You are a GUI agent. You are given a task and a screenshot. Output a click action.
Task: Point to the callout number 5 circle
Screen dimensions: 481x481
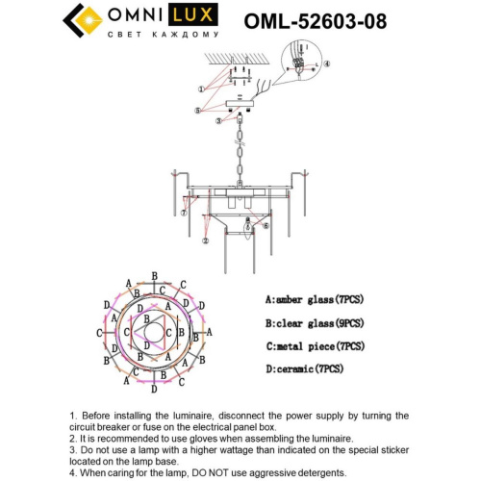198,111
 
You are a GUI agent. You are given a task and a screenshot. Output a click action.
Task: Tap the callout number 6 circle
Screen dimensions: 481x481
266,226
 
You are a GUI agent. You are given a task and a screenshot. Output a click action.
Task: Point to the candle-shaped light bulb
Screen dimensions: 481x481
247,228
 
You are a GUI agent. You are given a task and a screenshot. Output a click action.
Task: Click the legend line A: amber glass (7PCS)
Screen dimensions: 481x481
311,300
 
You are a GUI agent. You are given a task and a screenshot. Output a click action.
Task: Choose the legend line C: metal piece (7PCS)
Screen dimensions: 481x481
313,345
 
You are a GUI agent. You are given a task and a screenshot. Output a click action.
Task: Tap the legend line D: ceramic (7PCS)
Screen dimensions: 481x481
302,368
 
